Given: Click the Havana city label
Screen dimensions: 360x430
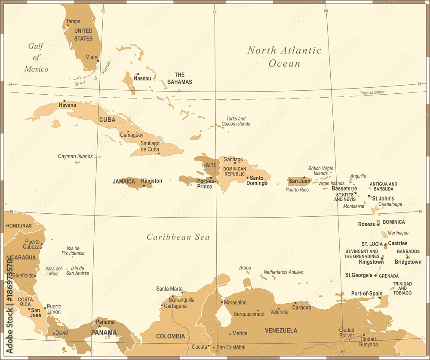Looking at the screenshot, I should (68, 105).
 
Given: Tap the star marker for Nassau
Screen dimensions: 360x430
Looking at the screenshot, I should (138, 74).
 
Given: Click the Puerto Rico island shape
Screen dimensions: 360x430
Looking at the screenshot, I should (299, 182).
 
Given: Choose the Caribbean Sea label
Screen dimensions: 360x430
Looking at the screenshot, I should (178, 237).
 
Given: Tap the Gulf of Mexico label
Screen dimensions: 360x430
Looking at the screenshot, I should (36, 57).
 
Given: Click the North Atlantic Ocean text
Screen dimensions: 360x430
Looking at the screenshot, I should (284, 56).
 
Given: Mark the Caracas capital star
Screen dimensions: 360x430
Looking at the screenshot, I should (295, 303).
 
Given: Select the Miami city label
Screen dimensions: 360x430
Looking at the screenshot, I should (91, 57).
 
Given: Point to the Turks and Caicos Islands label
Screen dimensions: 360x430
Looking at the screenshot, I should (236, 121).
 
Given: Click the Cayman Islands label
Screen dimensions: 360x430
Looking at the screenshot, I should (75, 157).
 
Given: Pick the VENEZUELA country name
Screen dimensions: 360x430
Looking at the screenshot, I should (281, 331).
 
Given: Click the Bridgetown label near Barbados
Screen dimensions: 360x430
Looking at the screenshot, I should (408, 262).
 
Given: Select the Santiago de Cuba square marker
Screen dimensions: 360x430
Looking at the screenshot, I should (159, 153).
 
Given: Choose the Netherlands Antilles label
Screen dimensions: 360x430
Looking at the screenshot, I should (283, 272).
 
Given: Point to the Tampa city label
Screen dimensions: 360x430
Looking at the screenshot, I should (73, 22).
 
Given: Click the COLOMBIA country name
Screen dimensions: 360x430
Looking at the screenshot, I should (170, 336).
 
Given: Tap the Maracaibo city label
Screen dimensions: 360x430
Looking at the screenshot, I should (235, 302).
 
